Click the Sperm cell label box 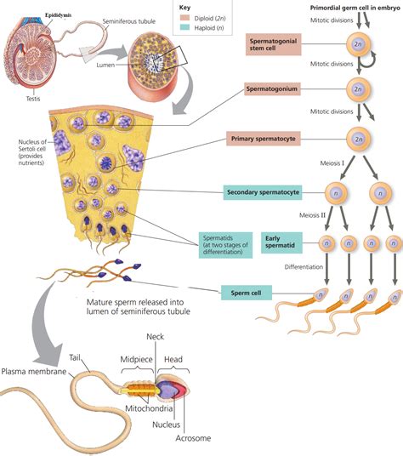pos(245,270)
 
